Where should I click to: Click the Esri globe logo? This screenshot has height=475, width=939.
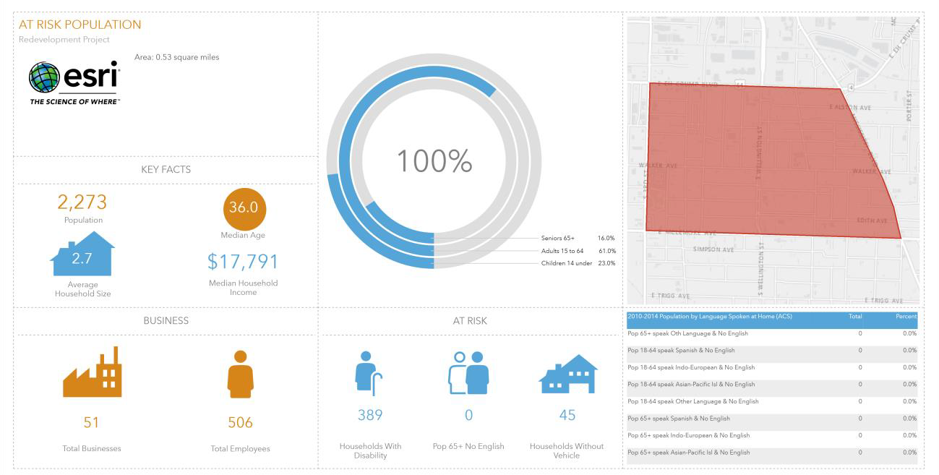tap(43, 77)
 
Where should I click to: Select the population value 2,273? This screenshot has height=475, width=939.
tap(82, 202)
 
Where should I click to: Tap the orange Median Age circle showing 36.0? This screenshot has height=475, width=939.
tap(244, 207)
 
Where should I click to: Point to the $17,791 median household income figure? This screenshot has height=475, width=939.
tap(243, 262)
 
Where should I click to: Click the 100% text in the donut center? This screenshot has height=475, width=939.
tap(434, 161)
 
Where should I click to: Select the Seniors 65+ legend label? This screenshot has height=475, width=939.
tap(557, 238)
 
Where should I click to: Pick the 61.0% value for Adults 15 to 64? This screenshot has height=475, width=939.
tap(606, 251)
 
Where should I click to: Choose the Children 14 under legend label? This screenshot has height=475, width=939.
tap(566, 263)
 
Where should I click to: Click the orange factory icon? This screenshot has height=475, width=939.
tap(92, 373)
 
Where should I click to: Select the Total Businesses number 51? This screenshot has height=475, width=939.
tap(92, 422)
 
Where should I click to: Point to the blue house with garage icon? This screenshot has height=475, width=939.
tap(567, 375)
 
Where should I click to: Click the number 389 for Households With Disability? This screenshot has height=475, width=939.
tap(370, 415)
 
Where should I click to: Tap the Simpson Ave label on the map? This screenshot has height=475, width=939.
tap(713, 249)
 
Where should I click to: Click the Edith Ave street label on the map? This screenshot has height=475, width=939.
tap(871, 220)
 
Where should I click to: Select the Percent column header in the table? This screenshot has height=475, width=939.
tap(906, 317)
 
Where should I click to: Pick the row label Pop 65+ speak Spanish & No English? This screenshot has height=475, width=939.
tap(679, 419)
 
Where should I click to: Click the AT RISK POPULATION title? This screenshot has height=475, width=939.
tap(80, 25)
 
